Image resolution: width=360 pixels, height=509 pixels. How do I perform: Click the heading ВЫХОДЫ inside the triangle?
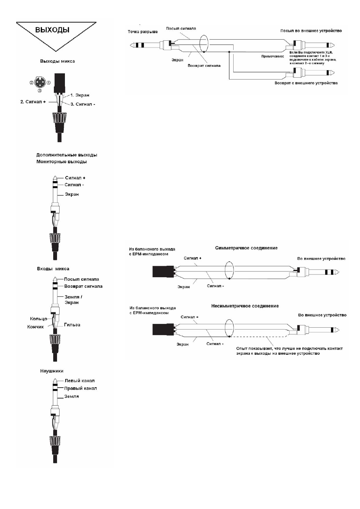point(52,30)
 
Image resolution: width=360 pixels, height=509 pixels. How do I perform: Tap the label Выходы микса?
point(57,61)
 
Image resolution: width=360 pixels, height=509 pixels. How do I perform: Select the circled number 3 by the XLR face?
point(40,90)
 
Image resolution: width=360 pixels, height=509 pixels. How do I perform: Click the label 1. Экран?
point(80,95)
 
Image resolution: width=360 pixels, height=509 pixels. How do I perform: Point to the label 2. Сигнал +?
point(33,102)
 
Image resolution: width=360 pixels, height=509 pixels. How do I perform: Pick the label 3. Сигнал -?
point(83,104)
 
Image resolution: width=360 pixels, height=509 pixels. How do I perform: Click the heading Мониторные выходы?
point(62,162)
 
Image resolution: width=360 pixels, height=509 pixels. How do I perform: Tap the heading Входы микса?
point(53,268)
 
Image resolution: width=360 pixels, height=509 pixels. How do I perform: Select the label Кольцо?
point(38,319)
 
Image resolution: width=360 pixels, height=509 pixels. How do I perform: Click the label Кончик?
point(35,327)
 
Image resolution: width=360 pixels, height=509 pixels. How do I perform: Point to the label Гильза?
point(72,325)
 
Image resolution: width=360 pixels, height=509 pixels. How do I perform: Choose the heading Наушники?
point(52,371)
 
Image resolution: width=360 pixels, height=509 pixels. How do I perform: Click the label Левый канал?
point(80,380)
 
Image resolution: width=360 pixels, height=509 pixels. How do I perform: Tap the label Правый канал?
point(80,388)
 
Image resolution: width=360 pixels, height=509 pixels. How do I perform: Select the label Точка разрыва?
point(143,32)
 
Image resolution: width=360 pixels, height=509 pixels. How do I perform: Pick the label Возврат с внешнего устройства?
point(306,83)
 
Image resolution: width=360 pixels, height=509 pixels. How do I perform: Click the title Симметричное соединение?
point(246,248)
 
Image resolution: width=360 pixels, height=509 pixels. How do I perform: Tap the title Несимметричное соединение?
point(245,306)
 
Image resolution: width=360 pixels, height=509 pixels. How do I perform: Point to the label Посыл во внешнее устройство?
point(311,31)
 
